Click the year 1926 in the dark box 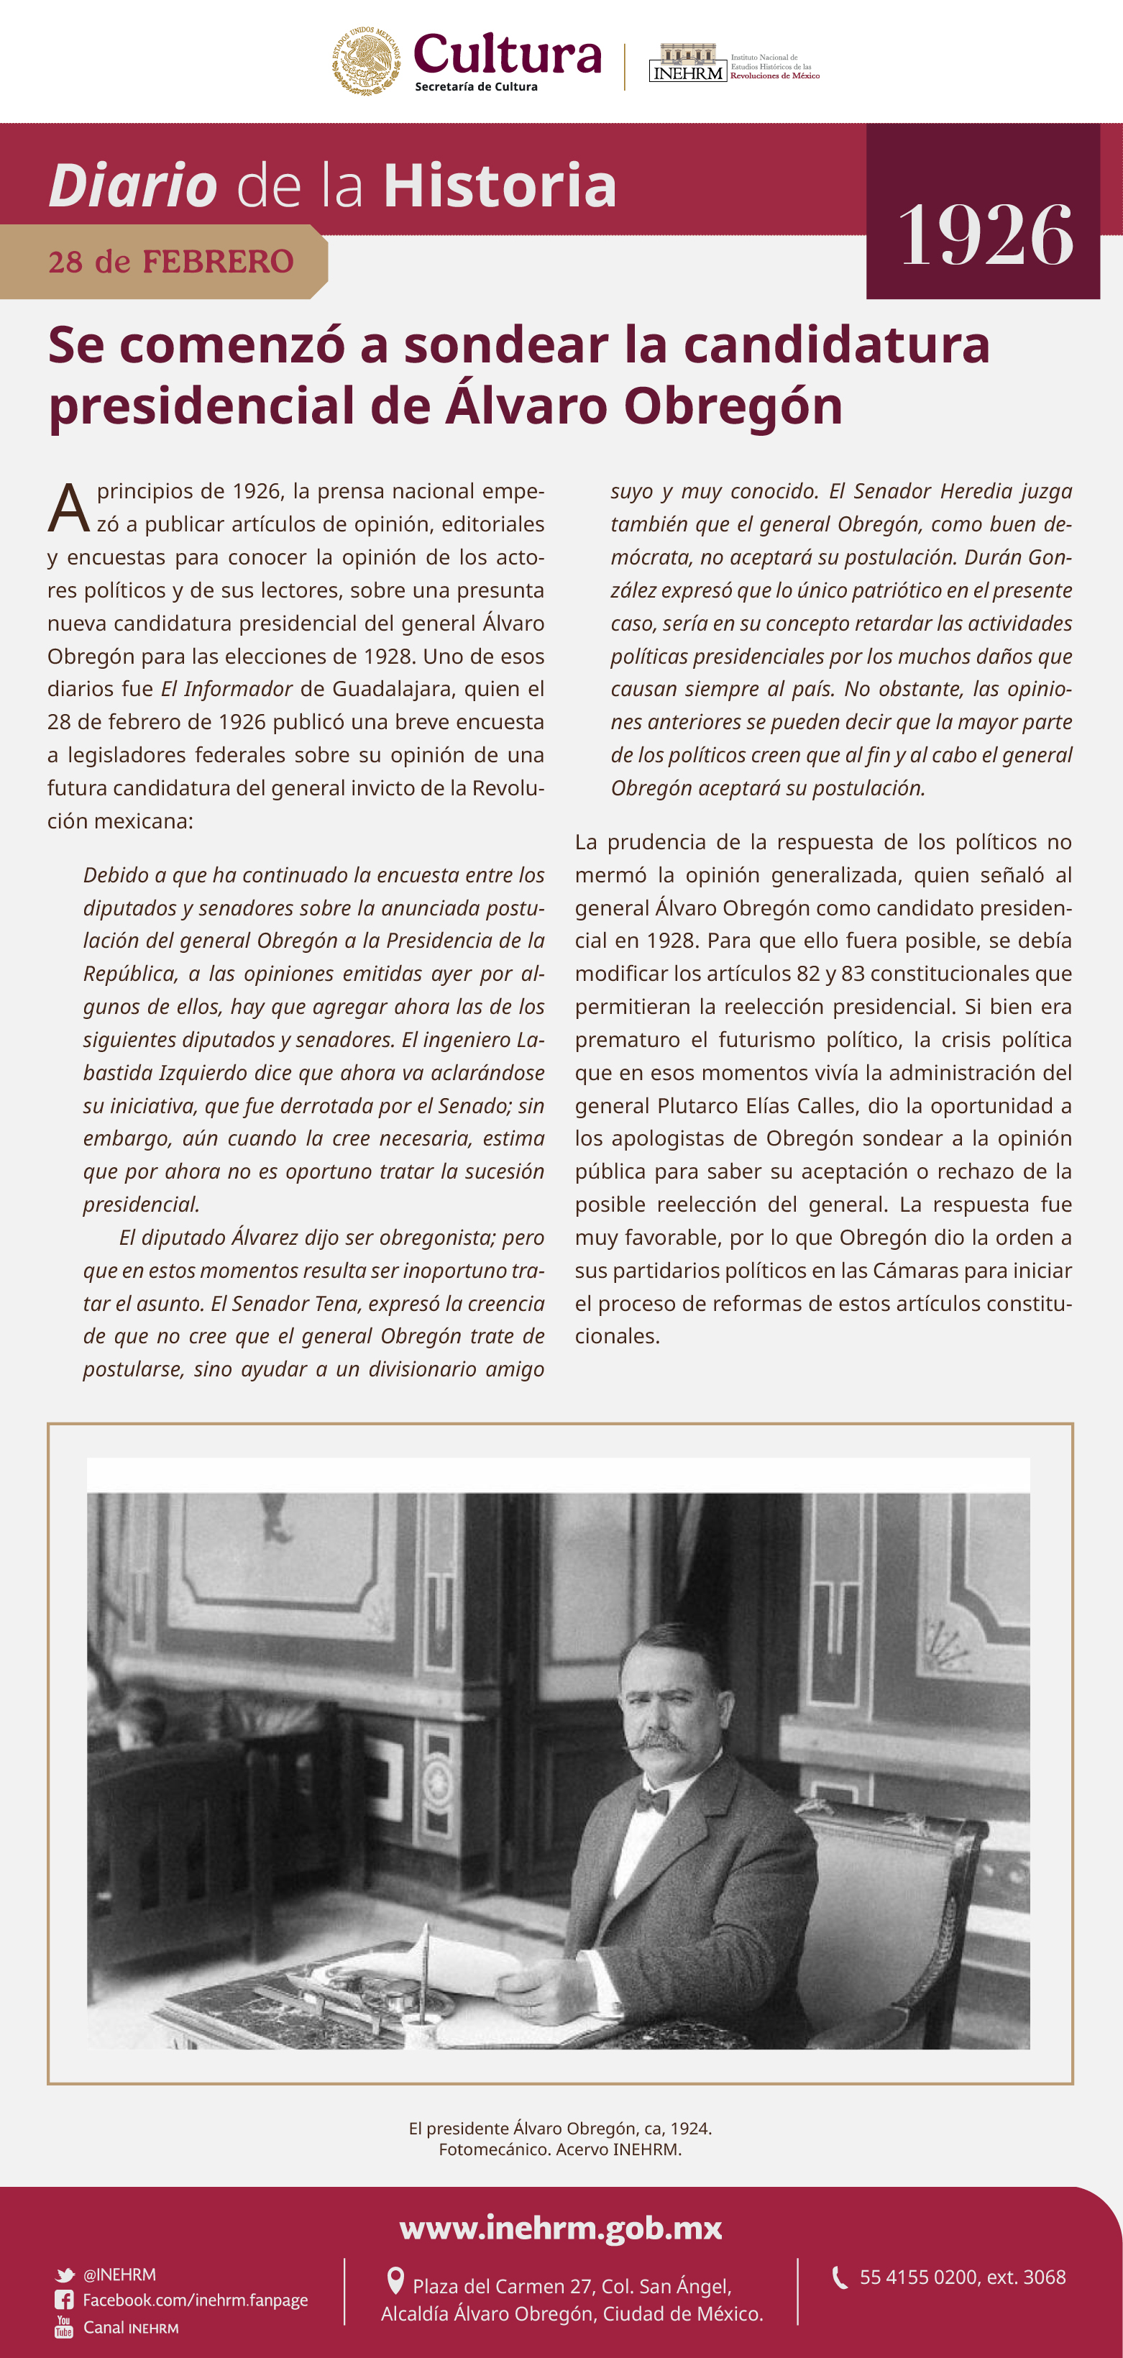[x=986, y=235]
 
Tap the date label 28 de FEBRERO [x=170, y=262]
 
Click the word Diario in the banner [x=133, y=186]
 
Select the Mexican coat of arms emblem [x=365, y=61]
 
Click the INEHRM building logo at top [x=687, y=63]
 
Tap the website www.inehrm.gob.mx [x=561, y=2226]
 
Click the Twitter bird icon [x=64, y=2275]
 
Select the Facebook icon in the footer [x=64, y=2300]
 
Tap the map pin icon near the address [x=395, y=2280]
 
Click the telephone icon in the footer [x=838, y=2277]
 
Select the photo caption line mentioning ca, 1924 [x=560, y=2129]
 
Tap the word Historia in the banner [x=500, y=186]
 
